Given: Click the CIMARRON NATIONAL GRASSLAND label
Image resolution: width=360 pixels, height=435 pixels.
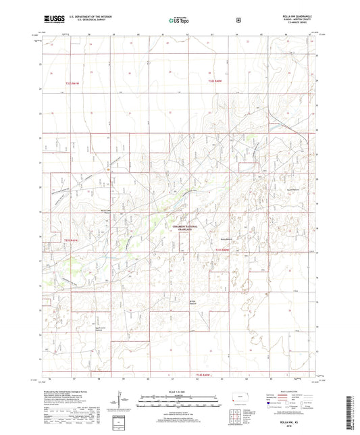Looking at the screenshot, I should (x=180, y=230).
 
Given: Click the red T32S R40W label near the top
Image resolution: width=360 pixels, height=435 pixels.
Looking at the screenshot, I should (x=215, y=83).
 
